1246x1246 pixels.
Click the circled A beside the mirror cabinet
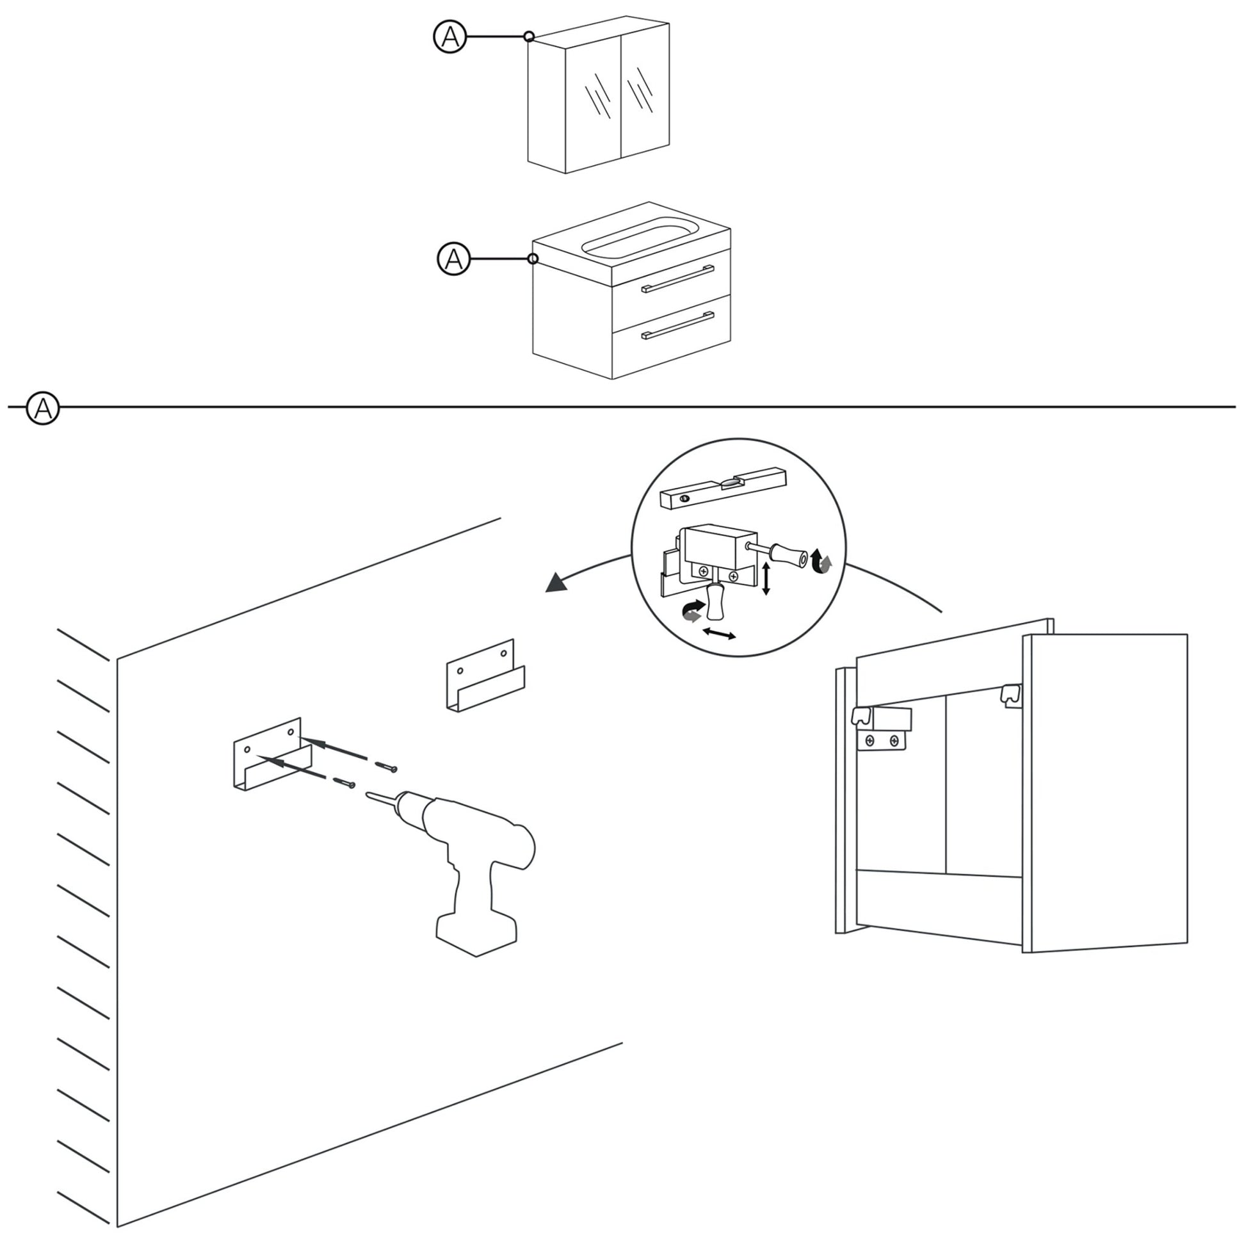[449, 36]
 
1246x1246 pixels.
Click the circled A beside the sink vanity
[453, 259]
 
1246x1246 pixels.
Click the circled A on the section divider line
[42, 408]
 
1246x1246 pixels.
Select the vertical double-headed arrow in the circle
[766, 579]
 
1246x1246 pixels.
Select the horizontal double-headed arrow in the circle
[719, 634]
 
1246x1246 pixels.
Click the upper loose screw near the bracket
[387, 766]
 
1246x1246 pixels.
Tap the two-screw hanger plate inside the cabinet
[882, 741]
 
